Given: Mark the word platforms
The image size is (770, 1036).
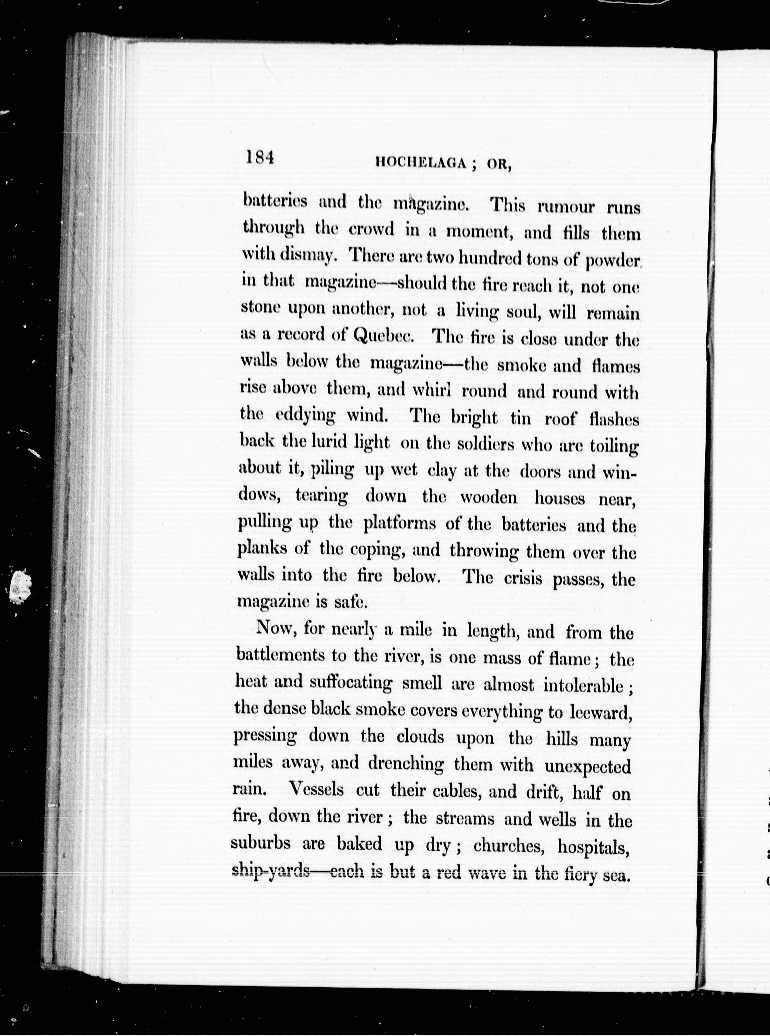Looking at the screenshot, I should pos(400,524).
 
